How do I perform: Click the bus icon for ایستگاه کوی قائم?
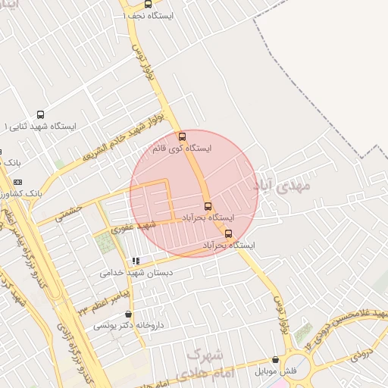pyautogui.click(x=182, y=137)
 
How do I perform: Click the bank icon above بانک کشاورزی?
pyautogui.click(x=18, y=182)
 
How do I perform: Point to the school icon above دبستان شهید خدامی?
pyautogui.click(x=136, y=261)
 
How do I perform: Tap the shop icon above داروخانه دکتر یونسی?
pyautogui.click(x=127, y=314)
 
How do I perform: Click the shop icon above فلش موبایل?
pyautogui.click(x=275, y=360)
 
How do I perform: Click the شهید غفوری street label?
pyautogui.click(x=133, y=225)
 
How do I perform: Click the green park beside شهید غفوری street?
pyautogui.click(x=105, y=243)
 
